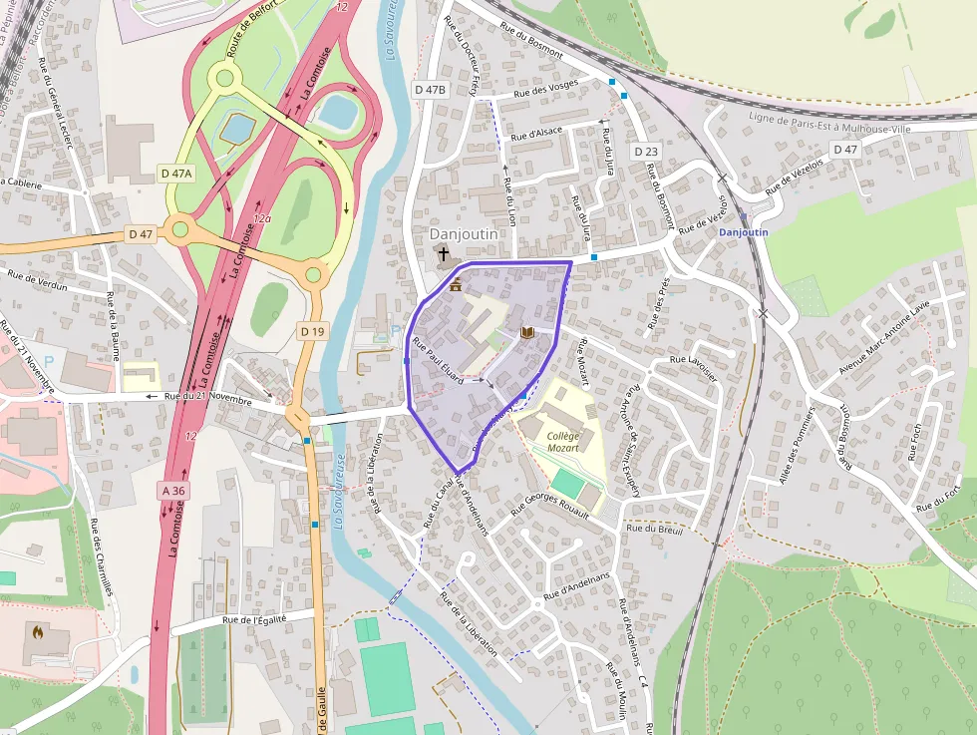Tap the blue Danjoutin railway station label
[744, 231]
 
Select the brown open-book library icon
[527, 332]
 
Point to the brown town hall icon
[456, 285]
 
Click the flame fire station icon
[39, 631]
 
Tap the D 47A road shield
[176, 174]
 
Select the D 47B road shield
[430, 90]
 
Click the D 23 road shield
[646, 152]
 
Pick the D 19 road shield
[312, 331]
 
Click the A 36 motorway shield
[173, 490]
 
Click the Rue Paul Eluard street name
[439, 362]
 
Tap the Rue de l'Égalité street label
[254, 619]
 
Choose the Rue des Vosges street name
[545, 91]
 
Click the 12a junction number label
[262, 217]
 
